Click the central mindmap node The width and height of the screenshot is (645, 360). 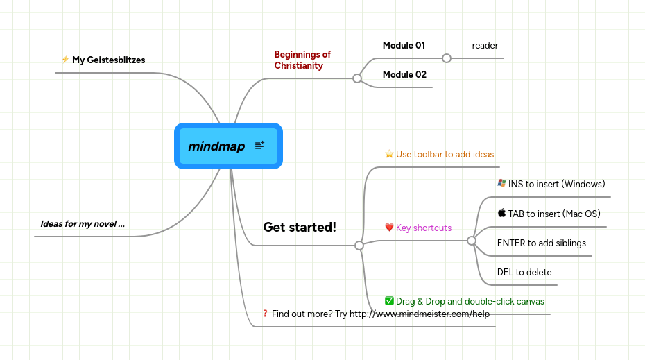coord(216,146)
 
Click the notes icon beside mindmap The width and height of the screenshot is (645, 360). coord(259,146)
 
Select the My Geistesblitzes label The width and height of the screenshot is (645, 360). coord(109,60)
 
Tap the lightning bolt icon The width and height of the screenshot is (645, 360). coord(65,60)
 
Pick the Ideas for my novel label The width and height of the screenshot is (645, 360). coord(83,223)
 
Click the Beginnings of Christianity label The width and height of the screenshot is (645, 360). coord(302,60)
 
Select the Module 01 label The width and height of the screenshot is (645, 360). coord(404,46)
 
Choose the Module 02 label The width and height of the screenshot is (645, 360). coord(404,74)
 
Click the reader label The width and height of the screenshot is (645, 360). coord(485,46)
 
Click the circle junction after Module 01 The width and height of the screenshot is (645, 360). coord(447,58)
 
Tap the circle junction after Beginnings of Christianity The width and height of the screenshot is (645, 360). coord(357,78)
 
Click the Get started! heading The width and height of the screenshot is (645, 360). coord(300,227)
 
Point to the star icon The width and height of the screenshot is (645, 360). coord(389,154)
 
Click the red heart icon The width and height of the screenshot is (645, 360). coord(389,228)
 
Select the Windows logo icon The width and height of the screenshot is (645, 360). coord(501,183)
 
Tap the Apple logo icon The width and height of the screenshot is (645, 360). coord(501,213)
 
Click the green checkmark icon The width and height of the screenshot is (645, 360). coord(389,301)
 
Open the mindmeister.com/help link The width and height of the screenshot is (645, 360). coord(420,314)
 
